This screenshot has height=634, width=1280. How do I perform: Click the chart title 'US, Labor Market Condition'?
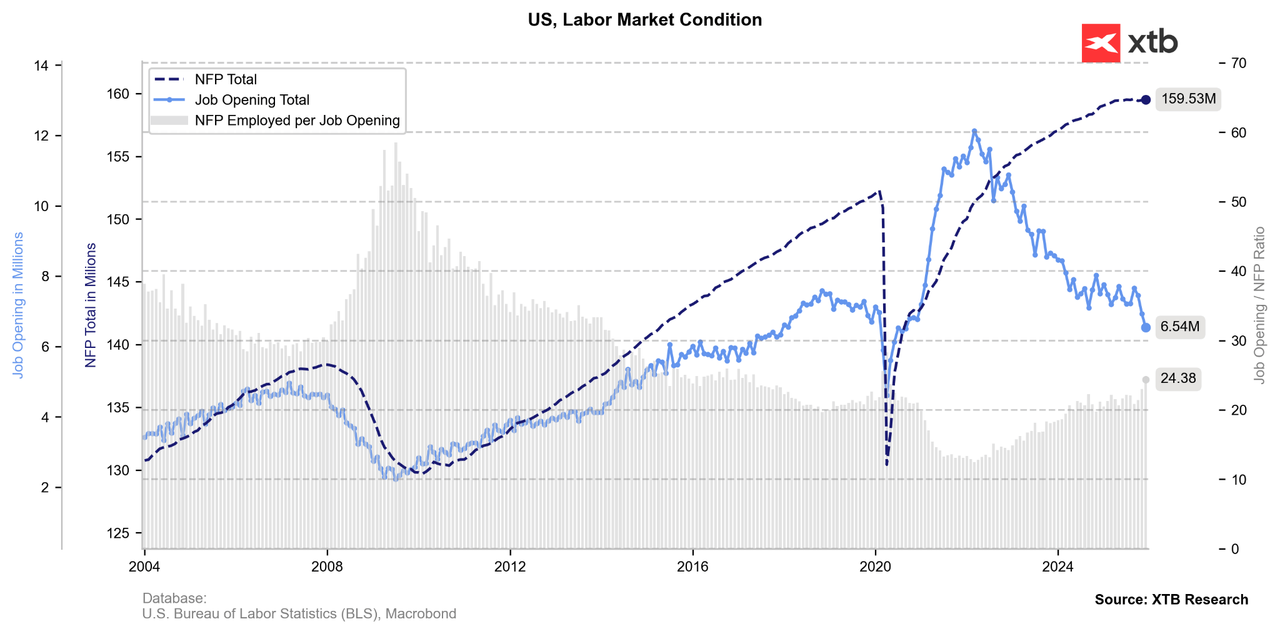point(644,20)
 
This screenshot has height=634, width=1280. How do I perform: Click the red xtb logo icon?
point(1100,43)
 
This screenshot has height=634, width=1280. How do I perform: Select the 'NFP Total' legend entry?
point(226,79)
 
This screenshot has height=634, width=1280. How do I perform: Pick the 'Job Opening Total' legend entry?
point(252,100)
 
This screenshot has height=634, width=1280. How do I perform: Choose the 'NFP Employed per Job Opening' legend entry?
point(297,121)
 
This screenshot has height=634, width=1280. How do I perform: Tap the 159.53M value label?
point(1188,99)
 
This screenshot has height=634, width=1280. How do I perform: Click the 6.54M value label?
point(1179,327)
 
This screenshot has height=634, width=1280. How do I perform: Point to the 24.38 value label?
point(1177,379)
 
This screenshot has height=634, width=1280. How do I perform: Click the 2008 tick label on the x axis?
point(327,567)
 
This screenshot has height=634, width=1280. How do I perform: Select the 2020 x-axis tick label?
point(875,567)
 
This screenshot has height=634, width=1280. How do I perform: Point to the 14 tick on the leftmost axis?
point(42,66)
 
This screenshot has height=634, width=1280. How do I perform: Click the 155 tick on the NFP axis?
point(119,157)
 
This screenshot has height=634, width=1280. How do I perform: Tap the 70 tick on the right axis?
point(1239,63)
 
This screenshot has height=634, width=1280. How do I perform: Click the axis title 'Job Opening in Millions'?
point(18,305)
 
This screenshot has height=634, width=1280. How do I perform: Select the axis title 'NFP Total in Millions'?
point(91,305)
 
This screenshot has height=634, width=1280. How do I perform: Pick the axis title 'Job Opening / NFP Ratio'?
point(1259,305)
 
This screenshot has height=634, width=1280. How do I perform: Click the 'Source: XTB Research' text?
point(1171,600)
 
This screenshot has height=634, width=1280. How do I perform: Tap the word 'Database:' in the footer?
point(174,598)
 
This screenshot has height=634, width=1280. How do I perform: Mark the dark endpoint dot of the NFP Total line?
point(1146,100)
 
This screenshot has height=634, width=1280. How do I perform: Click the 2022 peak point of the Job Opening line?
point(974,131)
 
